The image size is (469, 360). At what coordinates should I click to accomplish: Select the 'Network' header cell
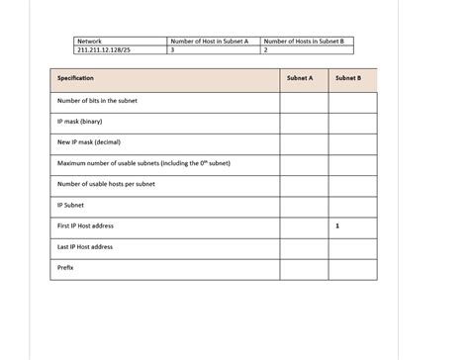(89, 41)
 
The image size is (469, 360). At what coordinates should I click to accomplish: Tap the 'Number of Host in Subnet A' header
(209, 41)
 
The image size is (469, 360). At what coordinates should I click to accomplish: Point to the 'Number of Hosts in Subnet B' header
(304, 41)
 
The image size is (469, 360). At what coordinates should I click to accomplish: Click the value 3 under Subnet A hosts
(173, 48)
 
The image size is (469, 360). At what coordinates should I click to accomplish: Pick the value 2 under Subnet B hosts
(266, 48)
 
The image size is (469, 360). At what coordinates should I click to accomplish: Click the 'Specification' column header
(76, 78)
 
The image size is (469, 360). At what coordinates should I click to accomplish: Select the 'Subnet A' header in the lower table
(300, 78)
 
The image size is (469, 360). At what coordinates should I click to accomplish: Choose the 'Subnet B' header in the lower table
(348, 78)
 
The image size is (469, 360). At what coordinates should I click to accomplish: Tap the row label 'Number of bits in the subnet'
(97, 101)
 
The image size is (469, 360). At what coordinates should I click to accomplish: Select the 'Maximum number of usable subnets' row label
(143, 163)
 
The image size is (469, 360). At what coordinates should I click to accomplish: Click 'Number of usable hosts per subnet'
(106, 184)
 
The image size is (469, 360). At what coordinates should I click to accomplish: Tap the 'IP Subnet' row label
(71, 206)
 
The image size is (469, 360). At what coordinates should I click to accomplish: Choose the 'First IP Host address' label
(86, 226)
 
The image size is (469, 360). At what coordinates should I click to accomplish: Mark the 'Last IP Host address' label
(85, 247)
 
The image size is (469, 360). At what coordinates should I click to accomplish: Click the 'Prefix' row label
(66, 268)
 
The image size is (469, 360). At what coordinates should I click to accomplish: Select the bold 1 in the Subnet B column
(337, 226)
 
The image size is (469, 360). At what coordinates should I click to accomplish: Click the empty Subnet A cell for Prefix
(300, 268)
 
